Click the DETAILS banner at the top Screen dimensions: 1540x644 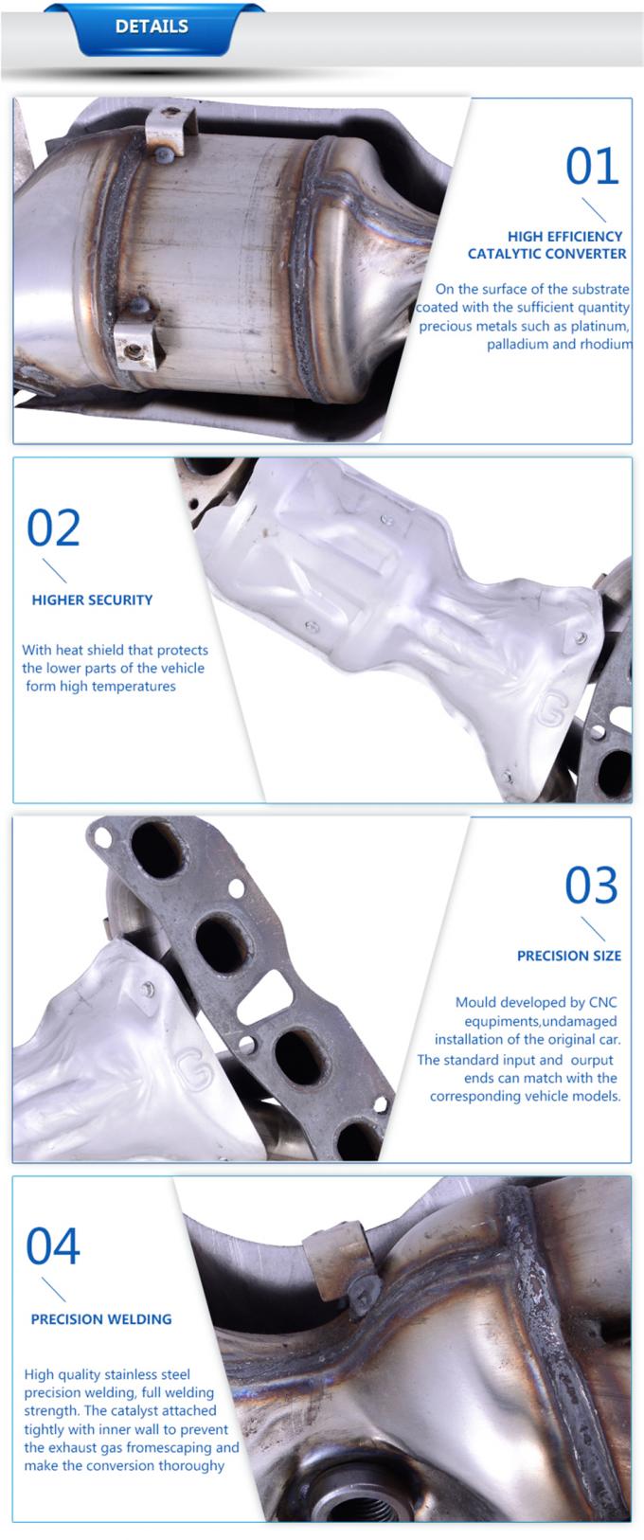coord(152,27)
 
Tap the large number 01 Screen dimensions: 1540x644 coord(592,167)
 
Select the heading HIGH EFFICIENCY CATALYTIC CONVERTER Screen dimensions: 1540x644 coord(547,244)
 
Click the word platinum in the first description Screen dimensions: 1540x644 coord(600,326)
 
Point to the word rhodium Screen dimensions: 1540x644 coord(606,344)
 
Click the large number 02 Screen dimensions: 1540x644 coord(53,528)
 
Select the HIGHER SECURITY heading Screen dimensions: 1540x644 coord(92,600)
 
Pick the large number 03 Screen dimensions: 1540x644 coord(591,886)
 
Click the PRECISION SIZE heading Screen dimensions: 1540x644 coord(569,956)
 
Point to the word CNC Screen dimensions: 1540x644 coord(603,1002)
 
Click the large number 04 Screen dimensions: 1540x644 coord(53,1246)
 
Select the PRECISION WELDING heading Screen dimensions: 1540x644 coord(101,1318)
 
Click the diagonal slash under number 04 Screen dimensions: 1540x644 coord(54,1289)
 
